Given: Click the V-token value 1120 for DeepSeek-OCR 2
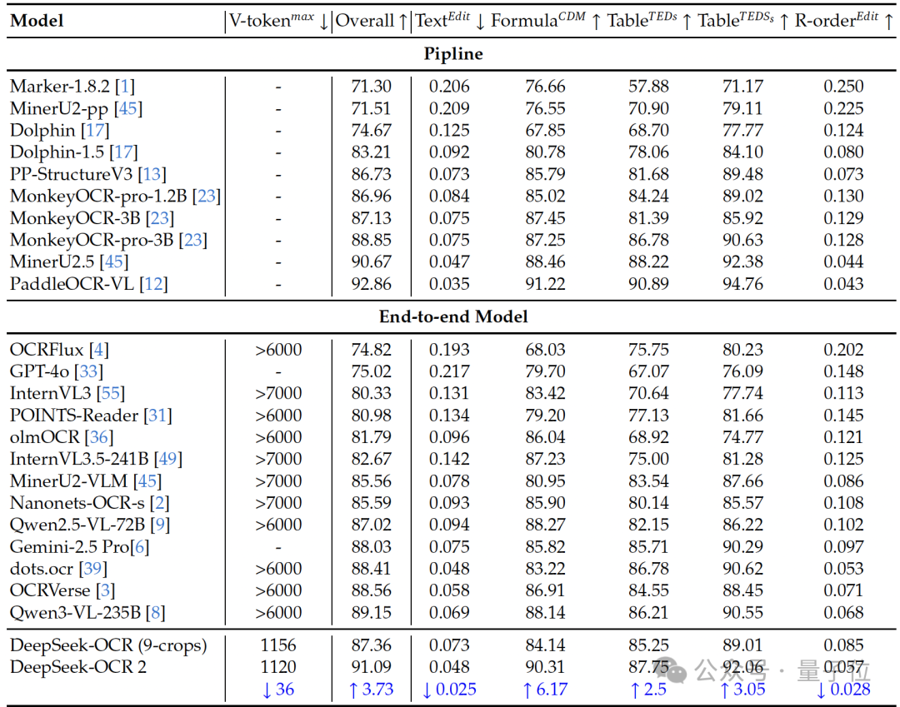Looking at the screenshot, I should point(278,667).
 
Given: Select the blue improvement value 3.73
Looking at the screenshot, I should point(372,690).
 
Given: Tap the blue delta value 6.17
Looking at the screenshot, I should point(545,690).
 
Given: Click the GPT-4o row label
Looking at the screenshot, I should point(45,371).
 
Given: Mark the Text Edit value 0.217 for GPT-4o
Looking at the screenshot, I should point(449,371).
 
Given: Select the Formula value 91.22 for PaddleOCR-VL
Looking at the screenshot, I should point(545,284).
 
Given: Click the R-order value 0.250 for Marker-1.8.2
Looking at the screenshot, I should point(843,87).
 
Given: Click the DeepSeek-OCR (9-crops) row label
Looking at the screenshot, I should point(108,645).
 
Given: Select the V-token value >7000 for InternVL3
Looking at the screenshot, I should point(278,393).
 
